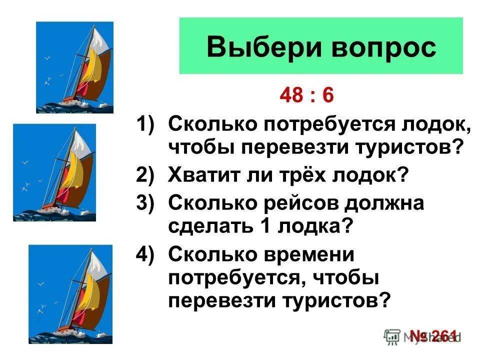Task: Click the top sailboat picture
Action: (x=74, y=67)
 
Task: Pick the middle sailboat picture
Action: (x=54, y=172)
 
